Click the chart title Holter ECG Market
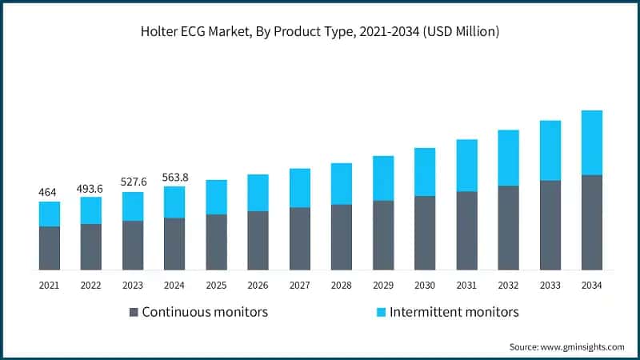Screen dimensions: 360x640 pos(320,32)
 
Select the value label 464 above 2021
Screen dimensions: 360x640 pos(49,193)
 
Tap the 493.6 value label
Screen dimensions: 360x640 pos(91,188)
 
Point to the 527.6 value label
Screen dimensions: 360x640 pos(133,182)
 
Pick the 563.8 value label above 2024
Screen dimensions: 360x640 pos(174,178)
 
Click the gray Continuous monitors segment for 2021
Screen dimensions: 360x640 pos(50,248)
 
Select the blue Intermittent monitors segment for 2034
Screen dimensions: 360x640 pos(592,142)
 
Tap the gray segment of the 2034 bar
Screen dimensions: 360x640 pos(592,222)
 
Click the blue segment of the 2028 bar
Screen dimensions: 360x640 pos(342,184)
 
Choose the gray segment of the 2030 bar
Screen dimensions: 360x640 pos(425,233)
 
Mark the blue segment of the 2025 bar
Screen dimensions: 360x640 pos(216,197)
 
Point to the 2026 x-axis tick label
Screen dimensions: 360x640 pos(258,284)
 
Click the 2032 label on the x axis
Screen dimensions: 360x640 pos(508,284)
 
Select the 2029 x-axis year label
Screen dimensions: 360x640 pos(383,284)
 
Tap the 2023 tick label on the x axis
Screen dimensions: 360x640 pos(133,284)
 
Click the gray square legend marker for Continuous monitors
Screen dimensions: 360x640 pos(134,311)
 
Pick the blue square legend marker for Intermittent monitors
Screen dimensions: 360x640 pos(381,311)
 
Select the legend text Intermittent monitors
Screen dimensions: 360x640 pos(454,311)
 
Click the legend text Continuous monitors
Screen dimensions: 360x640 pos(205,311)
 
